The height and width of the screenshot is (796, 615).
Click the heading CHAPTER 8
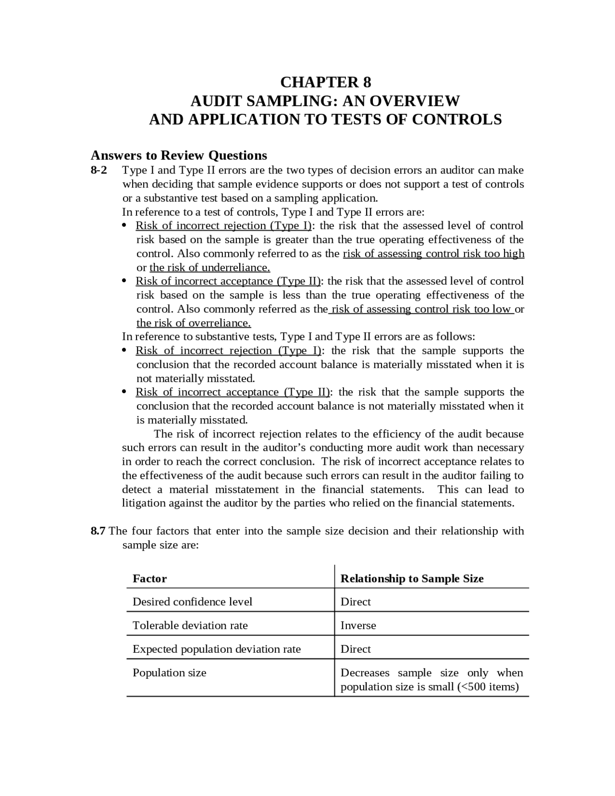pos(325,82)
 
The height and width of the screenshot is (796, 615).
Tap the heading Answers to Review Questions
pos(179,155)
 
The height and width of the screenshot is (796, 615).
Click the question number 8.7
pos(98,531)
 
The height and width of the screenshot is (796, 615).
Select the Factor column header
pos(149,578)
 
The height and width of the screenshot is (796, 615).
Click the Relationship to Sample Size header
pos(412,578)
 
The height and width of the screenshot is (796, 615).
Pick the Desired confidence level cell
pos(192,602)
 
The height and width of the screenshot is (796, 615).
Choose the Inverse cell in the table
pos(358,625)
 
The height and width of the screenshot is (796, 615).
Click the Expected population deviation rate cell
pos(216,649)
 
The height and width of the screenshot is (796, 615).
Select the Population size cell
pos(169,672)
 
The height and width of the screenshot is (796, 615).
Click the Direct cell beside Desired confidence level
pos(356,602)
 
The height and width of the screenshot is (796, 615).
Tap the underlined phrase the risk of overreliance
pos(194,323)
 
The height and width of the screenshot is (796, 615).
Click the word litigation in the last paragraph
pos(143,503)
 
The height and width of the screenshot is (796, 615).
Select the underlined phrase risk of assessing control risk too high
pos(433,253)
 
